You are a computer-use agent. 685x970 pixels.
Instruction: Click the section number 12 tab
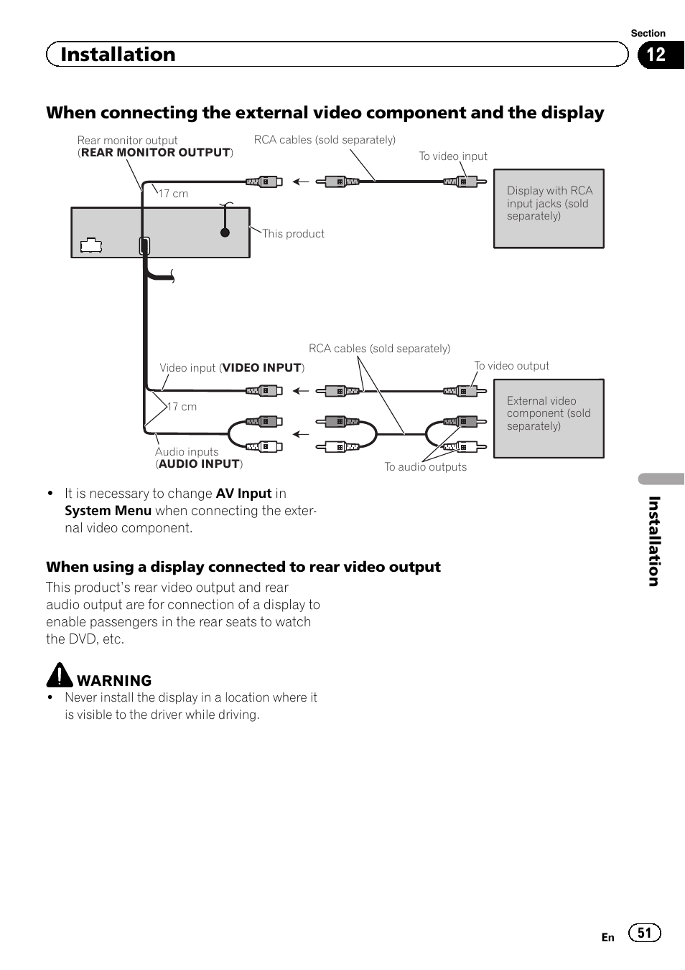pos(657,55)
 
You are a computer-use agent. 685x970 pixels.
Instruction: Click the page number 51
pos(644,933)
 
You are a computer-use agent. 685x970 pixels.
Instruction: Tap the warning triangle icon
pos(60,675)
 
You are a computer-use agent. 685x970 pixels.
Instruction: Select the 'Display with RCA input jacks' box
pos(549,209)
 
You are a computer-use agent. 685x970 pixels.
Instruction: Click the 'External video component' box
pos(549,418)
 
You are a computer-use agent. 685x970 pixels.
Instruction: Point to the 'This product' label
pos(293,234)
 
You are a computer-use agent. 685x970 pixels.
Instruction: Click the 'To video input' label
pos(453,156)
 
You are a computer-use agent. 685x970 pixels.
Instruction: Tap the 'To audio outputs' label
pos(425,467)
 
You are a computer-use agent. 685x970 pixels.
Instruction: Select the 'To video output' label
pos(511,366)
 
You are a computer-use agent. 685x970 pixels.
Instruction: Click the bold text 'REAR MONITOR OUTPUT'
pos(156,153)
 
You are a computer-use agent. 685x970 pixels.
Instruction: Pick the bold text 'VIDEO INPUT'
pos(261,368)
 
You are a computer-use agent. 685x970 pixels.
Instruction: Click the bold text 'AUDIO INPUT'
pos(199,464)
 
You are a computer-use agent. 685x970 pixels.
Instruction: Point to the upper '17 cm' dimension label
pos(173,194)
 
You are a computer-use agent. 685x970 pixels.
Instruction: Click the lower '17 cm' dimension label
pos(182,407)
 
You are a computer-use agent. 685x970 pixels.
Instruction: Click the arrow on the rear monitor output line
pos(301,182)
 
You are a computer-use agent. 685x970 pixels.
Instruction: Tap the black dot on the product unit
pos(225,232)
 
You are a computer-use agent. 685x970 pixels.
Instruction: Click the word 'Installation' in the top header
pos(118,55)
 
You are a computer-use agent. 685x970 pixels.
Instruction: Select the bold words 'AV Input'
pos(243,494)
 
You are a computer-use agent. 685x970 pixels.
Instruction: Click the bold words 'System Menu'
pos(108,511)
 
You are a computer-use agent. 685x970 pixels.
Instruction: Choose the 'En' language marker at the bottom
pos(607,938)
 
